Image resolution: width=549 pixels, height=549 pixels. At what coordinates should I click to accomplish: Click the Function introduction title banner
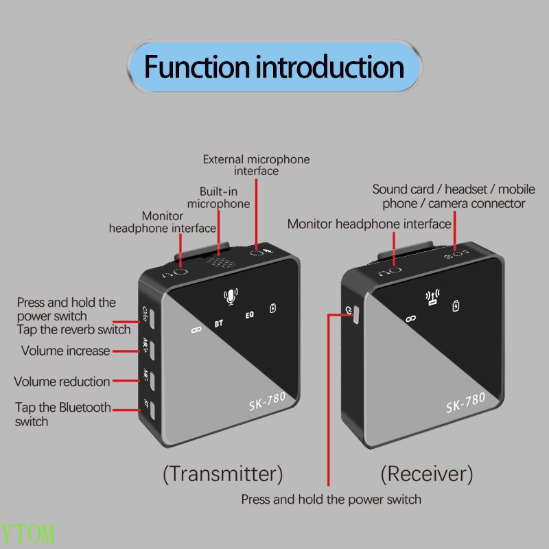click(274, 68)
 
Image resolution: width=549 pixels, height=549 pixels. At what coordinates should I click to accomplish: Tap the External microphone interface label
click(256, 165)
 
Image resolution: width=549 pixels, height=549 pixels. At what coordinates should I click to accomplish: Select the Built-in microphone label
click(219, 198)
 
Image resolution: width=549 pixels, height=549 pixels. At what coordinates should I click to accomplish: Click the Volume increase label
click(65, 351)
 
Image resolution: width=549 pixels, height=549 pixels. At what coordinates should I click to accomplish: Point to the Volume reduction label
click(62, 382)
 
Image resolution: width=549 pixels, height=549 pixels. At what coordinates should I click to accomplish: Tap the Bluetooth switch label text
click(62, 414)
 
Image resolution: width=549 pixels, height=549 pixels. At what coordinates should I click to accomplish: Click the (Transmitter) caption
click(222, 473)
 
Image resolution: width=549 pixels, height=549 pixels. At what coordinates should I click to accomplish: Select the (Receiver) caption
click(426, 473)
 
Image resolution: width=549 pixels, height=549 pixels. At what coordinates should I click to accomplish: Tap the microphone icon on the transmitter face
click(231, 296)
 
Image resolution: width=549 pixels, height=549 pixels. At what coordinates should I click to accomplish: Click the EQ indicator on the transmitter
click(250, 316)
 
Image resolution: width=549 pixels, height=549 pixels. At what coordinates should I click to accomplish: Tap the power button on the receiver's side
click(355, 314)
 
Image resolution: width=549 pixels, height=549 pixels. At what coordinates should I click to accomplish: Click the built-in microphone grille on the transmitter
click(220, 261)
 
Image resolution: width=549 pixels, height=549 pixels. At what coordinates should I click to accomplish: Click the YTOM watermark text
click(27, 534)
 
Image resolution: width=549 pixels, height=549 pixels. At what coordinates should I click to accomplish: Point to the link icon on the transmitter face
click(194, 330)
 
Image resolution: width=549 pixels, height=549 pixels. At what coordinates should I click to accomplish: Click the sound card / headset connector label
click(449, 196)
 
